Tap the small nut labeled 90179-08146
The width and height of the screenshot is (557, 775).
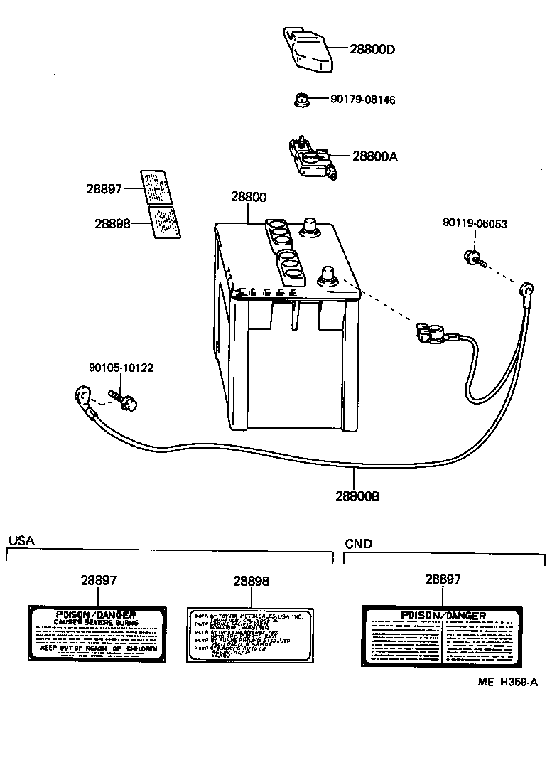(301, 100)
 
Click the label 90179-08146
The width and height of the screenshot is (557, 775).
(362, 100)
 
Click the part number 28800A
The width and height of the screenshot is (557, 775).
(374, 156)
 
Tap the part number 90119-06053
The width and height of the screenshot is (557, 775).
(475, 223)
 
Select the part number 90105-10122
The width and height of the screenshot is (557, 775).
(121, 368)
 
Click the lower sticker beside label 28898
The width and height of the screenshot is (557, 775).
(164, 222)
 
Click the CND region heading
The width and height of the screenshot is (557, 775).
(358, 544)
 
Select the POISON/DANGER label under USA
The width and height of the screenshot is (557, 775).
(96, 634)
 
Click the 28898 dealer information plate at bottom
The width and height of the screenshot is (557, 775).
(249, 634)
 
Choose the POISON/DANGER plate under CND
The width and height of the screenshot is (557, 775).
(443, 636)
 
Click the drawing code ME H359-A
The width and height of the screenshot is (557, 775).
(507, 681)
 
